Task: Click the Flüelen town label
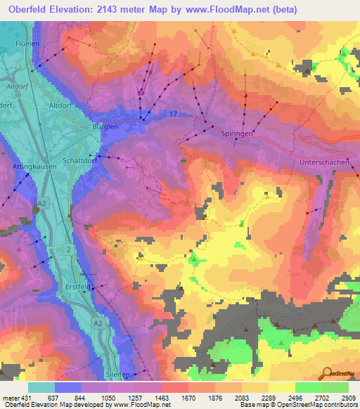click(x=26, y=43)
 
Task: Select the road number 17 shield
click(x=172, y=113)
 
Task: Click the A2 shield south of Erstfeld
click(x=98, y=322)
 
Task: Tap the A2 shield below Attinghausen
click(x=43, y=203)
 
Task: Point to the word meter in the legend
click(x=9, y=398)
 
